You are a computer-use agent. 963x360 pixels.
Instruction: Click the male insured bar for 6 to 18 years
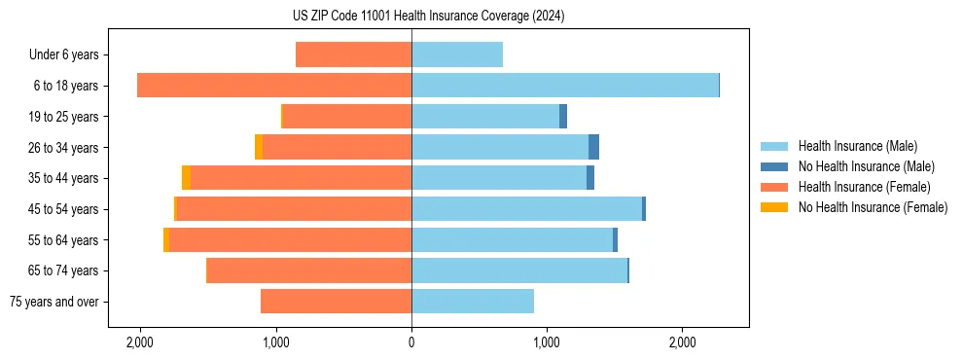564,86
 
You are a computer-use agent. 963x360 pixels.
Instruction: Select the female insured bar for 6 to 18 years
274,86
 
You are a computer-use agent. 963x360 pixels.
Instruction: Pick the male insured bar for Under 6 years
457,55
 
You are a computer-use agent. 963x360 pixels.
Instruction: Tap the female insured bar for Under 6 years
353,55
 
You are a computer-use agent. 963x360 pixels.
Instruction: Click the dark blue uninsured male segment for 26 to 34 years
593,147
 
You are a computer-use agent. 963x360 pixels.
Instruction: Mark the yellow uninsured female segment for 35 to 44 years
186,178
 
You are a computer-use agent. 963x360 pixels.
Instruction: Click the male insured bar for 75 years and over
473,302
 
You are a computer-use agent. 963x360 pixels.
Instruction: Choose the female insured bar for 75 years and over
336,302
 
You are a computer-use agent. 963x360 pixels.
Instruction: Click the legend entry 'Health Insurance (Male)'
857,146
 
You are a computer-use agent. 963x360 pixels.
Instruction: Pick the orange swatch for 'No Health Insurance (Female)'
774,207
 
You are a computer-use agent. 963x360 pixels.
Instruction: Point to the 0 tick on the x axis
411,342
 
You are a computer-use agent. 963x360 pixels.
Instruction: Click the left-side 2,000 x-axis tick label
140,342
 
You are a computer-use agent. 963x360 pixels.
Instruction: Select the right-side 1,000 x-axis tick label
547,342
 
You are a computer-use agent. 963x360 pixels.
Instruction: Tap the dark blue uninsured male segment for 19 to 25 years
563,117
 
